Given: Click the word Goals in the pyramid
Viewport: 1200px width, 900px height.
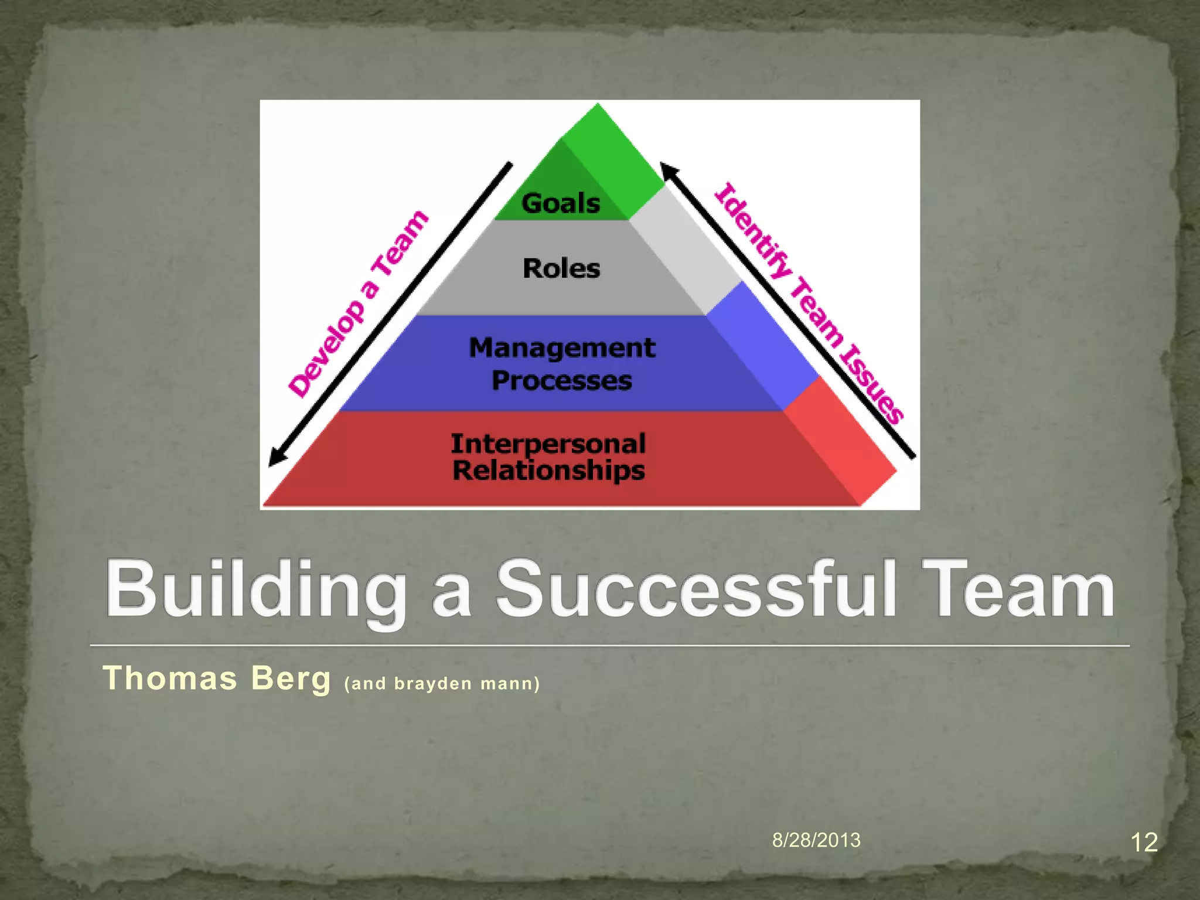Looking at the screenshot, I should (x=561, y=204).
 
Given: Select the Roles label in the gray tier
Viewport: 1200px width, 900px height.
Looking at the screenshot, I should (x=561, y=269).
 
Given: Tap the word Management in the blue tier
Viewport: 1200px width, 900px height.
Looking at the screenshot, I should (x=562, y=348).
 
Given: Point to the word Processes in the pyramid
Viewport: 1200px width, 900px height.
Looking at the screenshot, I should (x=562, y=381).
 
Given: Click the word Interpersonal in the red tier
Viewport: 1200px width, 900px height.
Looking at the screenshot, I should (x=548, y=444).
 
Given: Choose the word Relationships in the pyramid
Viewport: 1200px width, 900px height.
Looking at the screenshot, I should (x=548, y=471).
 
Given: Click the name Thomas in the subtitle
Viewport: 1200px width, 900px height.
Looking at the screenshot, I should (x=170, y=679).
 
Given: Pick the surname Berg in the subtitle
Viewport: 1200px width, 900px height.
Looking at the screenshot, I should (x=291, y=679).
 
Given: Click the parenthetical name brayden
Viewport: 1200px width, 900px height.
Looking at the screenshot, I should (x=433, y=684).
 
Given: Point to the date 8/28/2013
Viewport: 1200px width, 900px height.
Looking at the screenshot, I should (x=816, y=840).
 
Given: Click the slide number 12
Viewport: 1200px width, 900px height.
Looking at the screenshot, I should (x=1143, y=843).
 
